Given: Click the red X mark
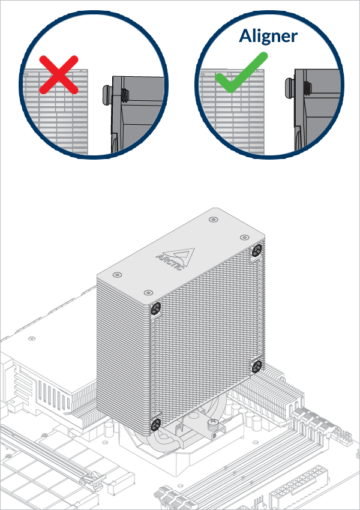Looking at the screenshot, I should coord(59,74).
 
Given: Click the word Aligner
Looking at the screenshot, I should coord(268,36).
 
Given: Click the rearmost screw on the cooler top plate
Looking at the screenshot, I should coord(214,220).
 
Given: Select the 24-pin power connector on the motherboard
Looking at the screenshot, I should coord(287,499).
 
